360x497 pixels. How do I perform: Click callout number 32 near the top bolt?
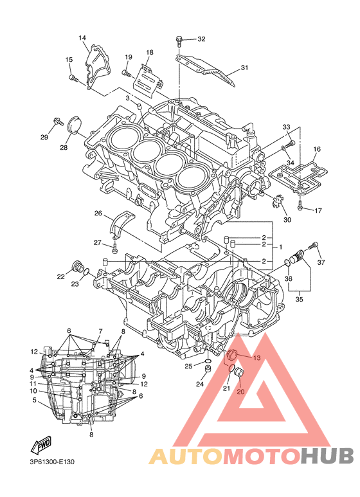[201, 39]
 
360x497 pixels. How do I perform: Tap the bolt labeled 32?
[179, 42]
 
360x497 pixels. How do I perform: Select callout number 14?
[82, 38]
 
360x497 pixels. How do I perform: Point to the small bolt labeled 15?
[73, 77]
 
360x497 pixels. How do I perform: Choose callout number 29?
[44, 137]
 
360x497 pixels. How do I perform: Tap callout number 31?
[244, 68]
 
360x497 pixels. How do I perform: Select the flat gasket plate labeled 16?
[298, 177]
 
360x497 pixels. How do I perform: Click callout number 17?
[318, 210]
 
